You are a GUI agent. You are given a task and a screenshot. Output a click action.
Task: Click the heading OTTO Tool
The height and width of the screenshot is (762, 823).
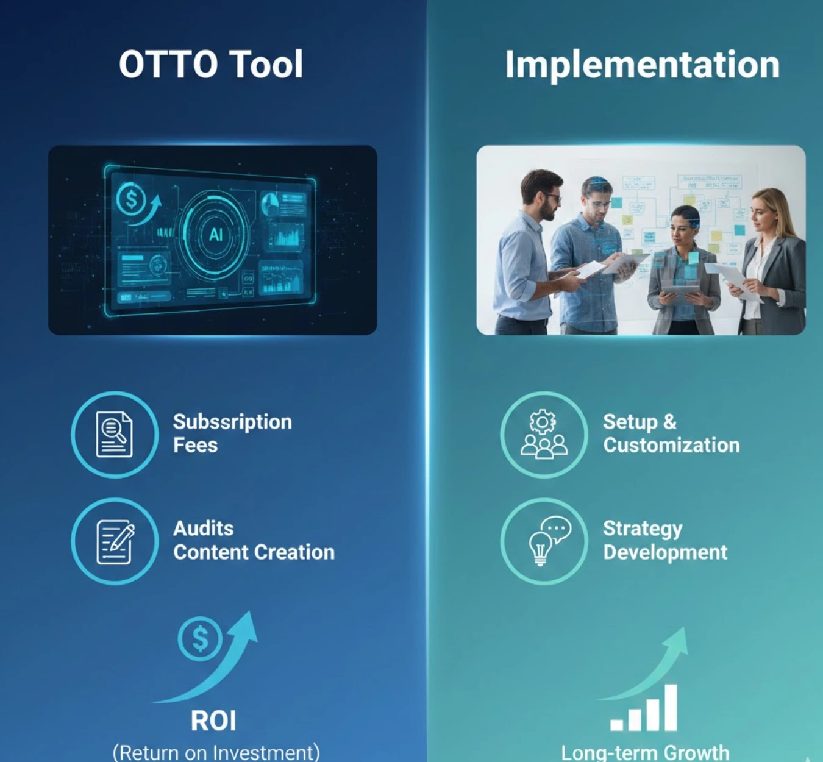[211, 65]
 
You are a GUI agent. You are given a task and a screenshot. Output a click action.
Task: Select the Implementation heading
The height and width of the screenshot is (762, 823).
[642, 65]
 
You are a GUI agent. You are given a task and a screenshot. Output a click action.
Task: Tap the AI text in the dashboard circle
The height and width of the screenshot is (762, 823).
[216, 235]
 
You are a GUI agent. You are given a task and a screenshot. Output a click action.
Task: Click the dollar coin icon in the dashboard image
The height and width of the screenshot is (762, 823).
[131, 199]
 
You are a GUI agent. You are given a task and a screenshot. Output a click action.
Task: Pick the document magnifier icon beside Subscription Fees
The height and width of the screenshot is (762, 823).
[115, 434]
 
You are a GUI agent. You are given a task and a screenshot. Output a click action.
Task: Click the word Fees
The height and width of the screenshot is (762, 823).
[195, 446]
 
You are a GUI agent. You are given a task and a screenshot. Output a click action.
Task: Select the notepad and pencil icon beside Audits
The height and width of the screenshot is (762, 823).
[115, 541]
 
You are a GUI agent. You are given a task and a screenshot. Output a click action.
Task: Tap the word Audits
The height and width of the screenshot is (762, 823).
[203, 529]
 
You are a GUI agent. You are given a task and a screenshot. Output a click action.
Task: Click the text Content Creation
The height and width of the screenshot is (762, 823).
[254, 552]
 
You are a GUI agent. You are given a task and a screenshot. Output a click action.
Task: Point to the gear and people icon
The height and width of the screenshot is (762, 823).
[544, 434]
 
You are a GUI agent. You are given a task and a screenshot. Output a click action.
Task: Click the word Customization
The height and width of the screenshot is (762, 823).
[671, 446]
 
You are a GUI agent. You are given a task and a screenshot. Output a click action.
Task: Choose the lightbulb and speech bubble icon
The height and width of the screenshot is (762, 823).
[544, 541]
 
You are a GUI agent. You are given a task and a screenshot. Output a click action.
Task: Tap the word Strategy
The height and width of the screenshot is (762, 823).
[643, 529]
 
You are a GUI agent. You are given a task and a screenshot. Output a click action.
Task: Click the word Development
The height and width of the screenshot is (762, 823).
[665, 552]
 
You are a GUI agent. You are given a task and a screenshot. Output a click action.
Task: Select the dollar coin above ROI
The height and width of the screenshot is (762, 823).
[200, 639]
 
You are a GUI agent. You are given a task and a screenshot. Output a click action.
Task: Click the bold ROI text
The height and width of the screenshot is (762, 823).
[213, 721]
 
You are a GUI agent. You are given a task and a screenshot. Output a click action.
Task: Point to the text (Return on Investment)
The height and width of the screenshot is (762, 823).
[216, 752]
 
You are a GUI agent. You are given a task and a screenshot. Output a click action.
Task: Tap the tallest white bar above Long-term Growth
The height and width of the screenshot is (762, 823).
[671, 707]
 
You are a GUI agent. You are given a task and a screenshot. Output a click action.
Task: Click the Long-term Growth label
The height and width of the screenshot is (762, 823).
[645, 753]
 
